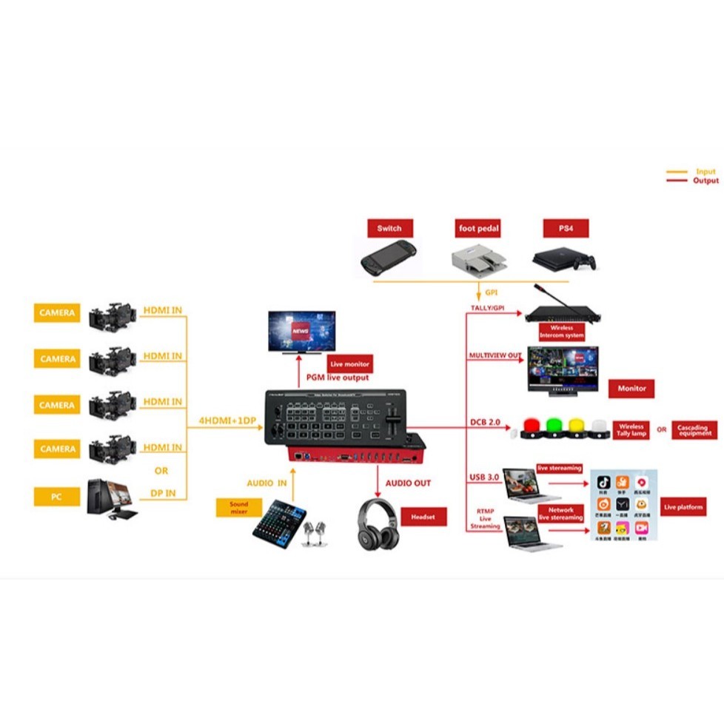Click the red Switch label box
click(389, 228)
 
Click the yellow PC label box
click(56, 497)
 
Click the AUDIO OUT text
click(408, 483)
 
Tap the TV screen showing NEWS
click(301, 330)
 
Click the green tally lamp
click(554, 427)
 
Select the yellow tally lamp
click(577, 427)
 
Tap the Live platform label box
click(682, 506)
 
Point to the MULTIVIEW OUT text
click(495, 356)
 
